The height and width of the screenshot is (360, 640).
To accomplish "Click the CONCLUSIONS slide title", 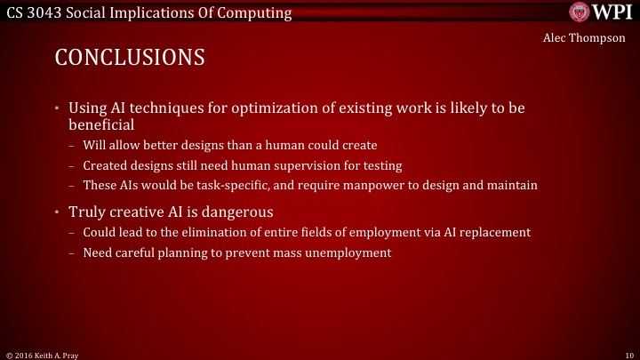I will pos(130,58).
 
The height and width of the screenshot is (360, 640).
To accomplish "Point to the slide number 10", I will pos(629,354).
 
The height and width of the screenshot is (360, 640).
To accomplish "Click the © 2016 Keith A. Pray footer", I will pos(42,354).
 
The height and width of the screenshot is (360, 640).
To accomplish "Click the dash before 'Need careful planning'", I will pos(73,252).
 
